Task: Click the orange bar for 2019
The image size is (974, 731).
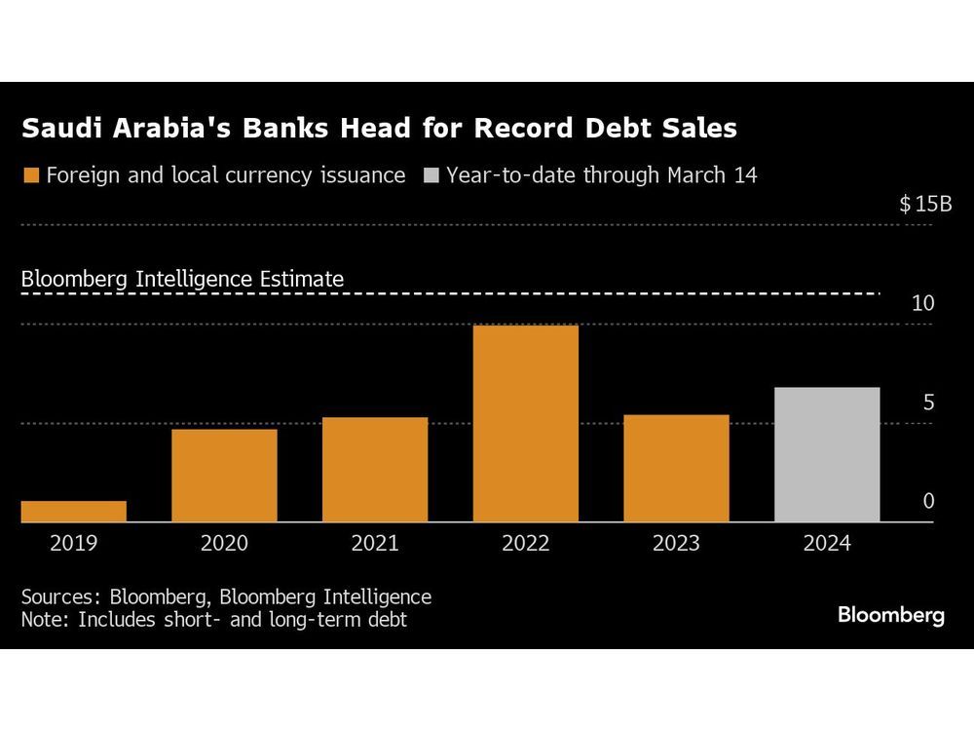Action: tap(73, 512)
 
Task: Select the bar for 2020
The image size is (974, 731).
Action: tap(224, 476)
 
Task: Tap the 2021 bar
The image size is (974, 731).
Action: tap(375, 470)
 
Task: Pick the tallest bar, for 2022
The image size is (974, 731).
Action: tap(526, 424)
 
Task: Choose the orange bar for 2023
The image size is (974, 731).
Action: tap(676, 469)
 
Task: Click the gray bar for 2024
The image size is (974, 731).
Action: tap(827, 455)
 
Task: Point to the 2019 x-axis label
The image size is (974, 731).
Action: tap(73, 543)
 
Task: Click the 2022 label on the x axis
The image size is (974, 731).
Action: tap(526, 543)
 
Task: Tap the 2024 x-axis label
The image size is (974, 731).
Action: tap(827, 543)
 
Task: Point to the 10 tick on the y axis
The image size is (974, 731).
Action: tap(922, 303)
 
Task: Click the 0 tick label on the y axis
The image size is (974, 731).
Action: tap(928, 501)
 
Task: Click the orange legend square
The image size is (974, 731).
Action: tap(30, 176)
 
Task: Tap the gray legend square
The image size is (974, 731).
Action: tap(431, 176)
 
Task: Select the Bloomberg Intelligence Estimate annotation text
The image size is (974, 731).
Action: tap(182, 279)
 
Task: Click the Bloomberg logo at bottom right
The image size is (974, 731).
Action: tap(890, 615)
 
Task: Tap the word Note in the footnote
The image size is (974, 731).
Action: tap(42, 619)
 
